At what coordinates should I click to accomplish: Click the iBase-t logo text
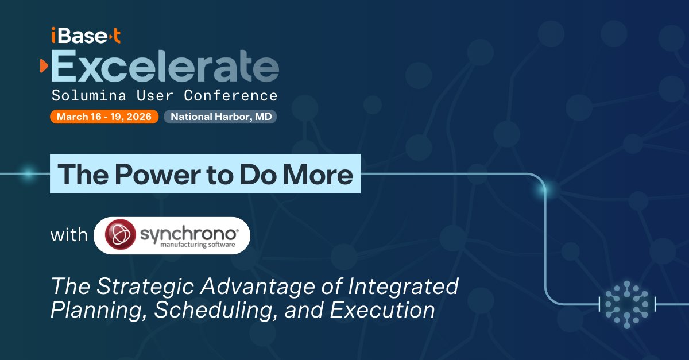click(85, 37)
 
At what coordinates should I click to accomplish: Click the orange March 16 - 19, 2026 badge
click(104, 117)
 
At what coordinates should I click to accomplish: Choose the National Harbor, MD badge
click(220, 117)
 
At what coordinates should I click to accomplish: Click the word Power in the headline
click(140, 174)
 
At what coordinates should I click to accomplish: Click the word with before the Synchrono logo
click(69, 235)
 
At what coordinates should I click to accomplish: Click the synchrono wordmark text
click(187, 232)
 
